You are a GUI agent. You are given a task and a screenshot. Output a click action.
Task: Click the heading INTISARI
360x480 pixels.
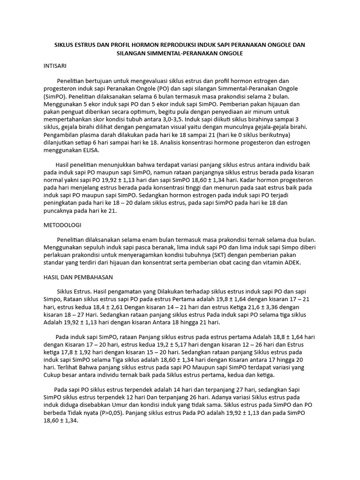(x=55, y=67)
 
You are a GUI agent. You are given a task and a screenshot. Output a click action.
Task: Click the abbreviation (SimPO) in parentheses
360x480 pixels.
(x=56, y=96)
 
